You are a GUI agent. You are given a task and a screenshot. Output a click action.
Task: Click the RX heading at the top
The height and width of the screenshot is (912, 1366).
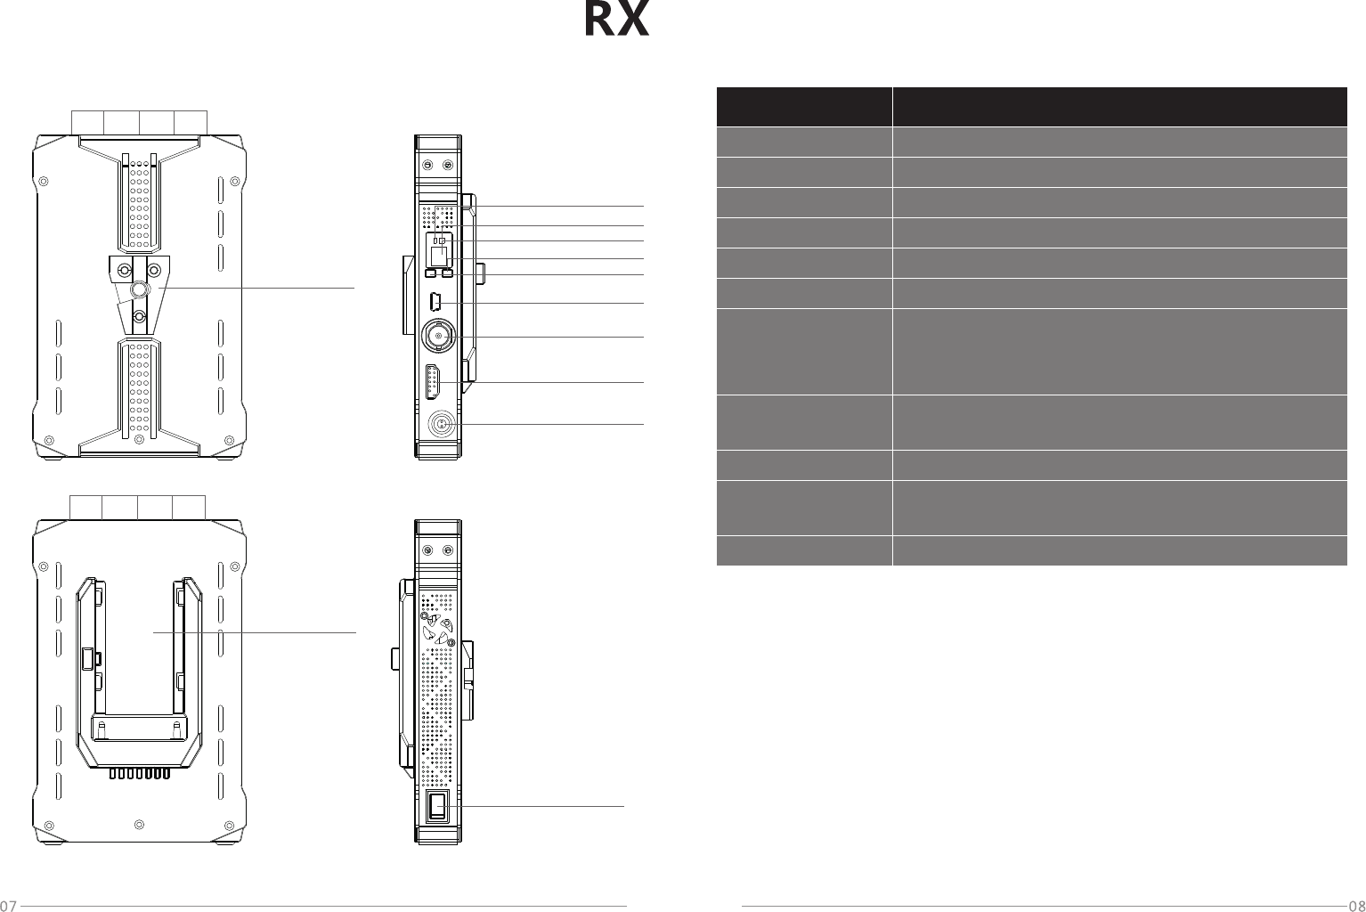coord(616,20)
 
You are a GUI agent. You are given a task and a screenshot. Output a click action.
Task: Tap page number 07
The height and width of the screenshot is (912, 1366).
coord(8,906)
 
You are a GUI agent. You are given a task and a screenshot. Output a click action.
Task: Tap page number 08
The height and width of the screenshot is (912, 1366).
coord(1358,906)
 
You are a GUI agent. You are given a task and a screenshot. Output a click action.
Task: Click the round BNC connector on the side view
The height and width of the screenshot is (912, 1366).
coord(437,336)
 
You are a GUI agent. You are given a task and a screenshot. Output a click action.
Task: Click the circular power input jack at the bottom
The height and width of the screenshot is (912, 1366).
coord(439,424)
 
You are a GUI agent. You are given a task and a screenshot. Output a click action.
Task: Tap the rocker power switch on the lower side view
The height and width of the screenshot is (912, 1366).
coord(438,806)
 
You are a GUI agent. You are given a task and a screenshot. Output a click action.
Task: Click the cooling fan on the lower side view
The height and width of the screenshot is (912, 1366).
coord(438,630)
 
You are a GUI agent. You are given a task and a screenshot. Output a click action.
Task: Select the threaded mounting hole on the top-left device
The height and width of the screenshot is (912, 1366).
coord(139,289)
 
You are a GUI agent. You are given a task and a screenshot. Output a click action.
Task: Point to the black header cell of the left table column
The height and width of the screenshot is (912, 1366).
coord(804,107)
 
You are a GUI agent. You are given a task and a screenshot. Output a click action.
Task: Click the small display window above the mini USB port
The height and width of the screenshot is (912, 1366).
coord(439,256)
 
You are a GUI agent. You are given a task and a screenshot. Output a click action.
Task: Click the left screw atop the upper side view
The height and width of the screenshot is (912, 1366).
coord(427,166)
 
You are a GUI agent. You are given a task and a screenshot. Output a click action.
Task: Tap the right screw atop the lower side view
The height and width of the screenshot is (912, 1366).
coord(447,551)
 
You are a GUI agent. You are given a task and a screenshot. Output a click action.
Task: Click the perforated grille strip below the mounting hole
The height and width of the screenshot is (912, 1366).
coord(138,387)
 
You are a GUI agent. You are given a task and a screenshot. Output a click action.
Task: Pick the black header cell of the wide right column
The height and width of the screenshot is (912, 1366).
coord(1119,107)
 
